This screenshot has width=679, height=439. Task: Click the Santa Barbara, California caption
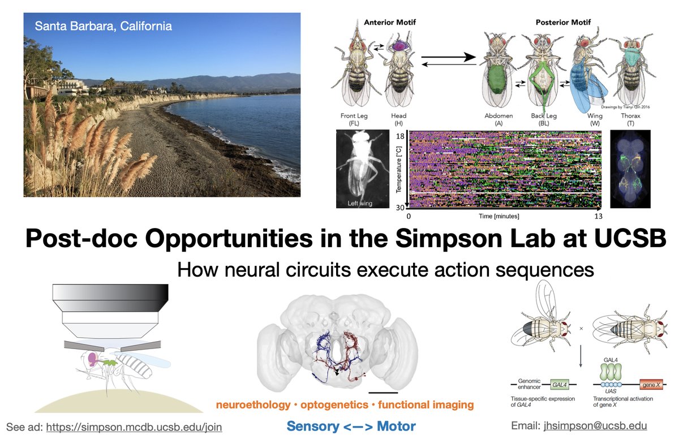(104, 26)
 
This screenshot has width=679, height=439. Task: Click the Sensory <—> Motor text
(351, 426)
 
